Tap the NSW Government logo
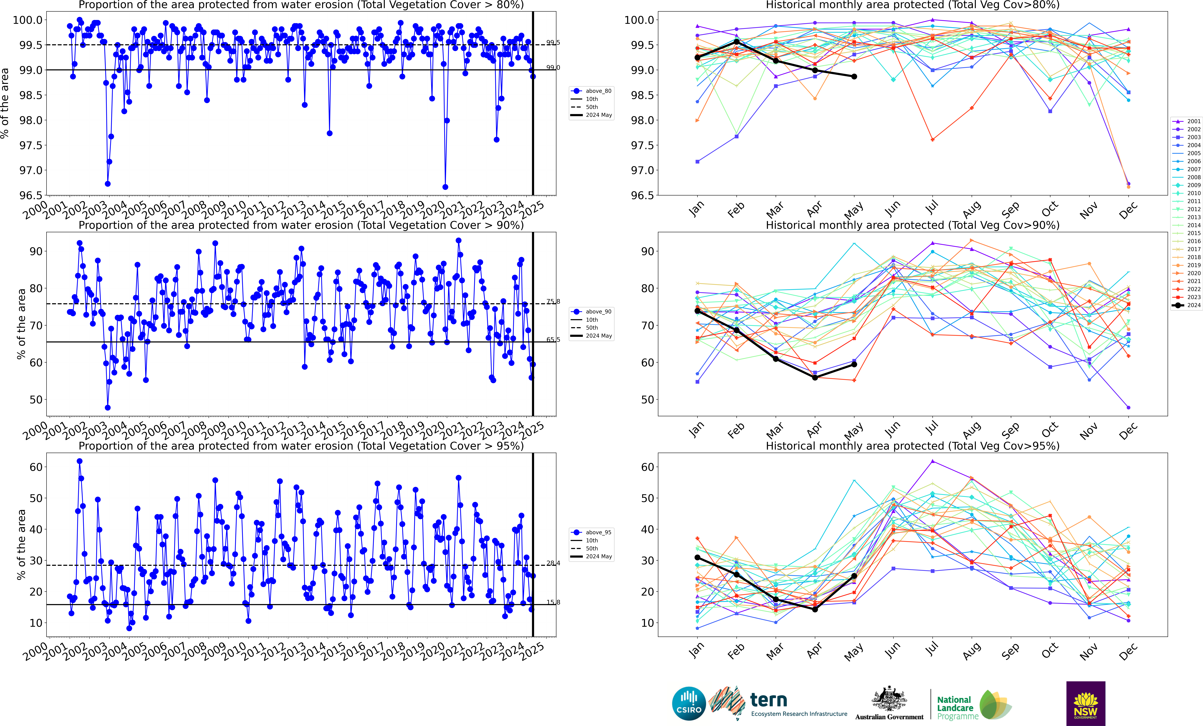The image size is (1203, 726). [x=1085, y=704]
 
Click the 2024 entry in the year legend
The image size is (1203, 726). [x=1189, y=305]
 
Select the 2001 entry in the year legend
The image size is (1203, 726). [x=1189, y=121]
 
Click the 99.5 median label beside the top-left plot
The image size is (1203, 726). [x=553, y=43]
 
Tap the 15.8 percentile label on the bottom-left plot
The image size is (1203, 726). [x=553, y=602]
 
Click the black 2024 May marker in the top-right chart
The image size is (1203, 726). [x=854, y=77]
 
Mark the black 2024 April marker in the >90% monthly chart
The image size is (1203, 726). [x=815, y=377]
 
